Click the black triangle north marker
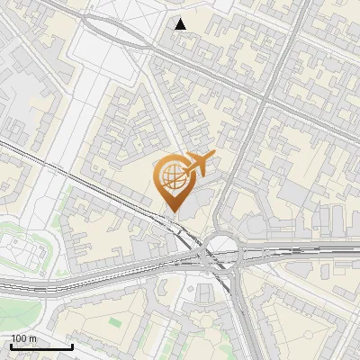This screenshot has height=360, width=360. coord(181,24)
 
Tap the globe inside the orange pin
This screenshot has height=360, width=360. coord(172,176)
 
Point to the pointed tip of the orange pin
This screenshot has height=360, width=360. coord(172,212)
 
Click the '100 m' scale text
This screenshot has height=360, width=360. coord(24,338)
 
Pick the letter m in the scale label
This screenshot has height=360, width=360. coord(33,338)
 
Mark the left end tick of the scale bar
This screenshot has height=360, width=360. coord(11,346)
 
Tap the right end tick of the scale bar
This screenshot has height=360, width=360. coord(72,346)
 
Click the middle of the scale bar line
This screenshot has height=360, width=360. coord(41,347)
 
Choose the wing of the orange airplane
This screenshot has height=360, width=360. coord(200,158)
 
